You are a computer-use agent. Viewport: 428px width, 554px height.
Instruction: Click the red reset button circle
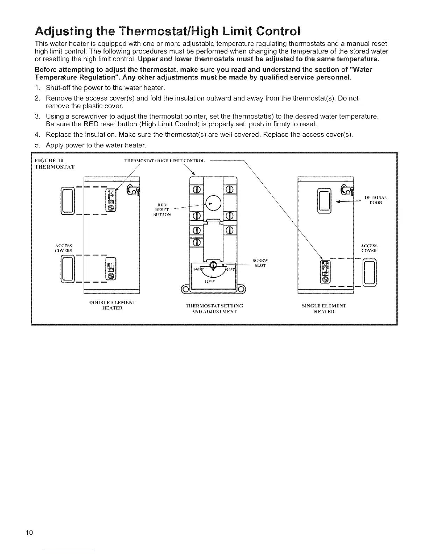[213, 202]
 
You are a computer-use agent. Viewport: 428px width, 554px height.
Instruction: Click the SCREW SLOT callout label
[261, 263]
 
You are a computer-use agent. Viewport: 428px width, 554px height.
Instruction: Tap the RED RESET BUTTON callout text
[162, 209]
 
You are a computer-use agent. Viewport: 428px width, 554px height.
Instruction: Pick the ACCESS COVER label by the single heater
[369, 248]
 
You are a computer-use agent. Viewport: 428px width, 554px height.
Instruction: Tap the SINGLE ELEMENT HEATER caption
[324, 308]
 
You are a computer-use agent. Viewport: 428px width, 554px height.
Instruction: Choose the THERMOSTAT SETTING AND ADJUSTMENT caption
[214, 308]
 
